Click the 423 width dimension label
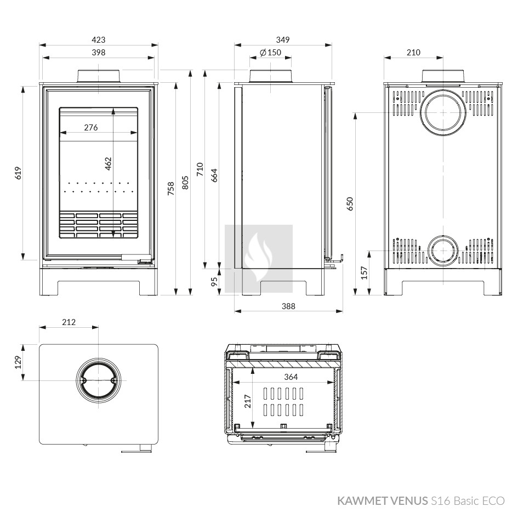[99, 40]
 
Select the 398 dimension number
[99, 53]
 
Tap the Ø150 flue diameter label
[270, 53]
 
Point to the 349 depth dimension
[283, 40]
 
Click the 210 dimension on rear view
[413, 53]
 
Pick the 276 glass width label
[91, 128]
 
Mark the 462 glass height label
[109, 164]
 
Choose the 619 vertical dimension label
[18, 173]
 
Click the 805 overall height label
[185, 183]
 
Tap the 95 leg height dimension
[214, 281]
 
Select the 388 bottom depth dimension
[288, 306]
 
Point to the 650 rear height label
[350, 204]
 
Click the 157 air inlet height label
[364, 273]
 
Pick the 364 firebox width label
[291, 377]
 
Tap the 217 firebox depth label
[247, 401]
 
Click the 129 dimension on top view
[18, 362]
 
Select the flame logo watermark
[259, 259]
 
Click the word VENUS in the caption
[409, 501]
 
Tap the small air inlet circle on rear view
[443, 251]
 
